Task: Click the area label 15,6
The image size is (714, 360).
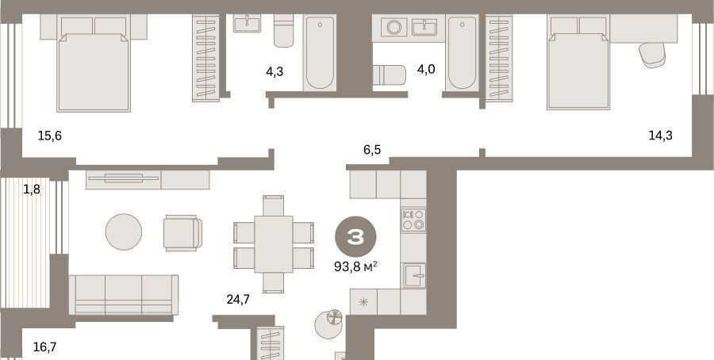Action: coord(50,136)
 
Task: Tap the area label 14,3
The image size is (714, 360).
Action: coord(661,135)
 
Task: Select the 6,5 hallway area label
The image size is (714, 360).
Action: coord(372,150)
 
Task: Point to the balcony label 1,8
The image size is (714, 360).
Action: coord(32,190)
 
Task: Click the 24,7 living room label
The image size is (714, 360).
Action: coord(238,299)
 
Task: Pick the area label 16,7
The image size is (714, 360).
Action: coord(45,347)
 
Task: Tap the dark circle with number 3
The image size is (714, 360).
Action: coord(355,236)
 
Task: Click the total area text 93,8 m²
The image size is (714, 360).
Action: coord(355,266)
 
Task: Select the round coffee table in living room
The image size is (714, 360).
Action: coord(124,232)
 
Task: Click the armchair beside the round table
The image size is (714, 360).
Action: coord(182,233)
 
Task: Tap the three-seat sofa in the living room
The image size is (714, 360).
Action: coord(124,295)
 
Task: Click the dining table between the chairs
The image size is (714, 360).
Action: coord(273,244)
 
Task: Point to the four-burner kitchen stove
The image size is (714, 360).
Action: coord(413,220)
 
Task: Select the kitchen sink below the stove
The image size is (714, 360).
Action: coord(414,275)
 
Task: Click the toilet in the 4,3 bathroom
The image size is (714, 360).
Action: coord(284,31)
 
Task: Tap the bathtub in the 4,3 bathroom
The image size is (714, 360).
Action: coord(320,53)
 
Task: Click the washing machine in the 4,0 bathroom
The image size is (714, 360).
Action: coord(393,27)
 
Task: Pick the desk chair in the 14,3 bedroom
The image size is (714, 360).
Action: coord(652,55)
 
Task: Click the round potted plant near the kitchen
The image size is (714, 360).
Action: coord(328,324)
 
